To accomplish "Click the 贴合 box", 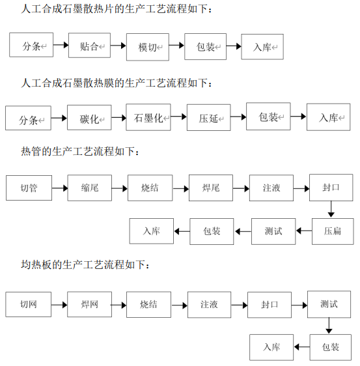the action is point(89,46).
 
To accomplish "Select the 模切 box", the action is point(148,47).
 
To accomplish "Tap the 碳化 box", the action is point(89,117).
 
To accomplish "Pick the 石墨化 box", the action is point(148,117).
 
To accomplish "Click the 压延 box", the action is point(209,117).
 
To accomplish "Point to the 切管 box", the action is point(29,188).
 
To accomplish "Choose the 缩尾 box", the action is point(90,188).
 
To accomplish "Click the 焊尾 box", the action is point(211,188).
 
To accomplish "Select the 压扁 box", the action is point(333,231).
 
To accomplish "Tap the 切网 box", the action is point(28,304).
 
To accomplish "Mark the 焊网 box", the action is point(89,304).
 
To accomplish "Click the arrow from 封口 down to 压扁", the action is point(331,209).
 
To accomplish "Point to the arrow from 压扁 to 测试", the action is point(304,231).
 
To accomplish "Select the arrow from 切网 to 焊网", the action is point(59,305).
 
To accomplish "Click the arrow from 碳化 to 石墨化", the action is point(118,117).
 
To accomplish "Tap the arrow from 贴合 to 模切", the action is point(118,46).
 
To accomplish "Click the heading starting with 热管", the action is point(80,152).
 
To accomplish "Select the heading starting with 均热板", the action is point(85,264).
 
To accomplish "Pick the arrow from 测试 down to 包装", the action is point(329,326).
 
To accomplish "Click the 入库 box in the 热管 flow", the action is point(152,231).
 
